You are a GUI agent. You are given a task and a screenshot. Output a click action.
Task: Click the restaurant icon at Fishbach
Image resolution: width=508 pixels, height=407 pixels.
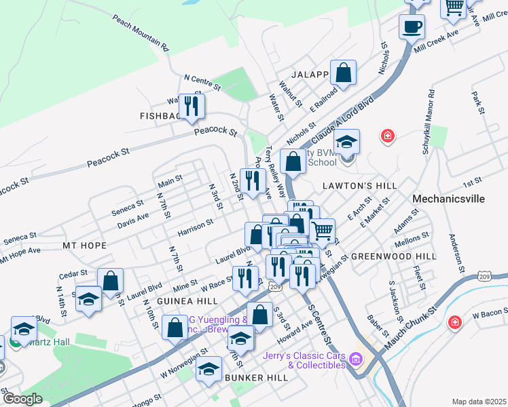click(191, 105)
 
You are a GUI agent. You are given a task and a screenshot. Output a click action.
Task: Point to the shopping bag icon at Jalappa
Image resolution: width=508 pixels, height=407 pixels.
click(344, 73)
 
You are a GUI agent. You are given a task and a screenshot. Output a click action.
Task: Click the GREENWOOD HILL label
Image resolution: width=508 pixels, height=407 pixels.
click(394, 256)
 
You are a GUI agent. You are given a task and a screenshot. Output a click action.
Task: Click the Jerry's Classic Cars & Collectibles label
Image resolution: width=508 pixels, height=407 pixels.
click(304, 361)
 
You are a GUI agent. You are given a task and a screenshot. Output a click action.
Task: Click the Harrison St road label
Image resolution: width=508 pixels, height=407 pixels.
click(195, 227)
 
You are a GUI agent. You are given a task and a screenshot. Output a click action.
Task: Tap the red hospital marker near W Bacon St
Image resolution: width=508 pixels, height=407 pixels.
click(454, 324)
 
